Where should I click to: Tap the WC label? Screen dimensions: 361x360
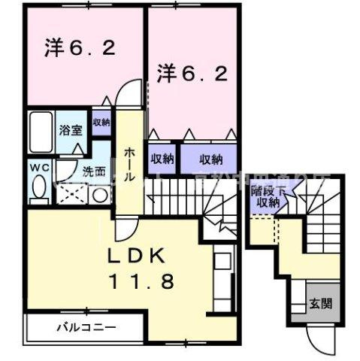[39, 167]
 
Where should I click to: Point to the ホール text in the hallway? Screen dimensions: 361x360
[129, 162]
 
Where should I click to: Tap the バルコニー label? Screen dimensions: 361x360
[88, 328]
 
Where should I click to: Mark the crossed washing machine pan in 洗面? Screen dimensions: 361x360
[74, 194]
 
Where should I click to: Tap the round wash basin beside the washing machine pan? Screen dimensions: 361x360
[98, 195]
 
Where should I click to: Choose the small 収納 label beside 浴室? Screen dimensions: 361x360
[101, 122]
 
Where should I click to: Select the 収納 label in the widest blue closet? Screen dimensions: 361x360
[211, 159]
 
